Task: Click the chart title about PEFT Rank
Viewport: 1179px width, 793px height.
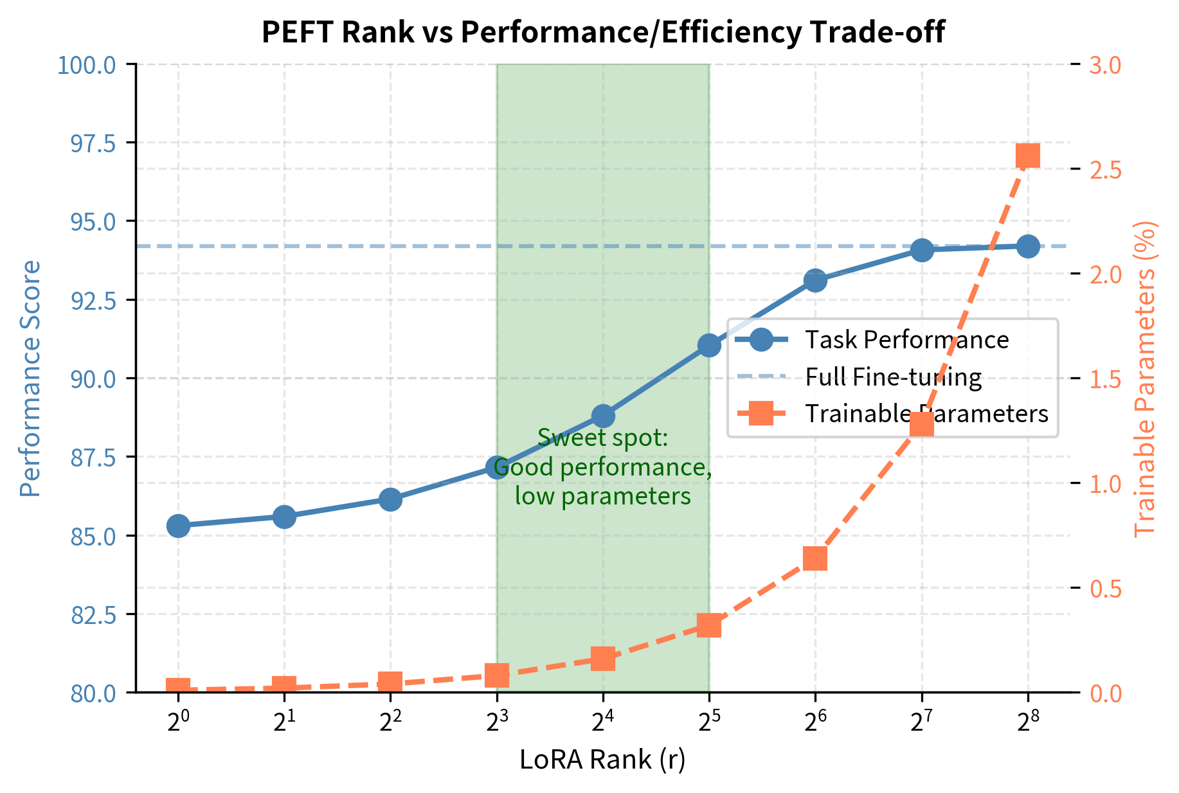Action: click(602, 32)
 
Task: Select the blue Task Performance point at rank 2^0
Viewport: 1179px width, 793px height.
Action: click(178, 526)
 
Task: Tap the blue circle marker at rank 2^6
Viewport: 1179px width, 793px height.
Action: click(815, 280)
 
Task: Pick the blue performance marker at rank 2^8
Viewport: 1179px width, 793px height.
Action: click(1027, 246)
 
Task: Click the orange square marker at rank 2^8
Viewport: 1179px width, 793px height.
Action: click(1027, 156)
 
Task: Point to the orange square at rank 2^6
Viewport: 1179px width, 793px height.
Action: click(815, 558)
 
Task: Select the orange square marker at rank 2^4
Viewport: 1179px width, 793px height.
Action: click(603, 659)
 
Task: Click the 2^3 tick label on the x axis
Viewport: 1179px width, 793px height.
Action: click(496, 723)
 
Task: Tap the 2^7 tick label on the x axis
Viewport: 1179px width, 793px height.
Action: click(921, 723)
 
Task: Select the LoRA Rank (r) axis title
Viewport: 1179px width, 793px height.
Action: click(602, 760)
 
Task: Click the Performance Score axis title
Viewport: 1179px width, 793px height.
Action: click(30, 379)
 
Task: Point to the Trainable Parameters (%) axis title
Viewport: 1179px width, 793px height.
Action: click(1145, 379)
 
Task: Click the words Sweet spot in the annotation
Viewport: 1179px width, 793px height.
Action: click(602, 438)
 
